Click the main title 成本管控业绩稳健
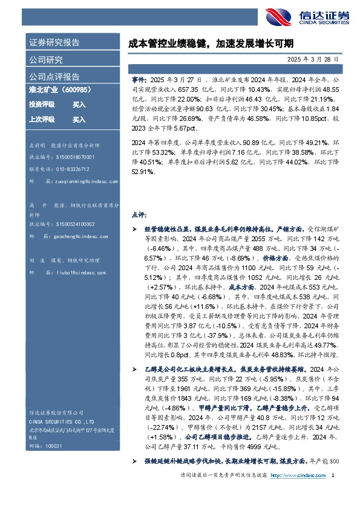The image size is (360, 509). click(211, 44)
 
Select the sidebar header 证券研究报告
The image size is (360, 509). click(54, 43)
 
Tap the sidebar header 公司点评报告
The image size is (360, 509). click(54, 77)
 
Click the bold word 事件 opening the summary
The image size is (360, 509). click(138, 79)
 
